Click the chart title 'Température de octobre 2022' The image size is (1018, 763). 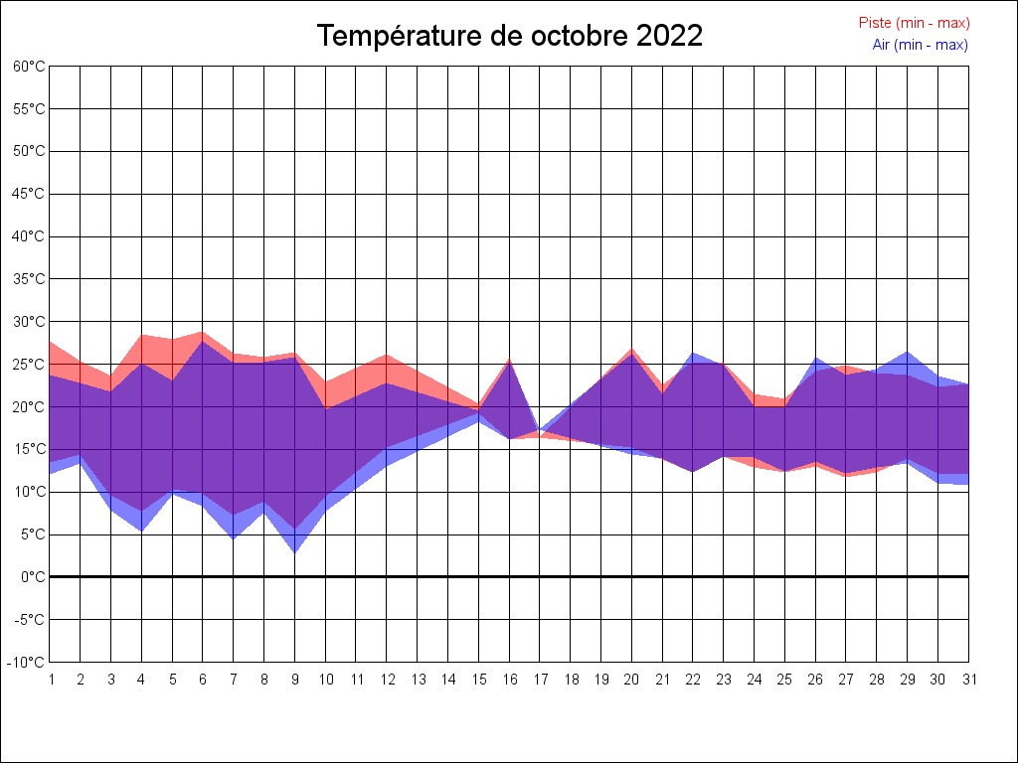coord(509,36)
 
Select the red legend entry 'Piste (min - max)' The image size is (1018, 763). coord(914,23)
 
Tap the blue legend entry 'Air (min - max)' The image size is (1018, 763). coord(920,45)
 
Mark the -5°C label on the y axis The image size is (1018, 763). coord(31,620)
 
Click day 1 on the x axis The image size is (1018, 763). coord(50,680)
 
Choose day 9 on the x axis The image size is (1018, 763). coord(294,680)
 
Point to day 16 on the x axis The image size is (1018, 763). coord(509,680)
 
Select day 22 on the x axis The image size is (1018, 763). coord(693,680)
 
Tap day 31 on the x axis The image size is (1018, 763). coord(968,680)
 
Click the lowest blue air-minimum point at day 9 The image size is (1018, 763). coord(294,552)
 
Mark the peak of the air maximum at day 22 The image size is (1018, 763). coord(693,353)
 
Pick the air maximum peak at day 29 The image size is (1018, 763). coord(907,352)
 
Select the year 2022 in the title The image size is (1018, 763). coord(669,36)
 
